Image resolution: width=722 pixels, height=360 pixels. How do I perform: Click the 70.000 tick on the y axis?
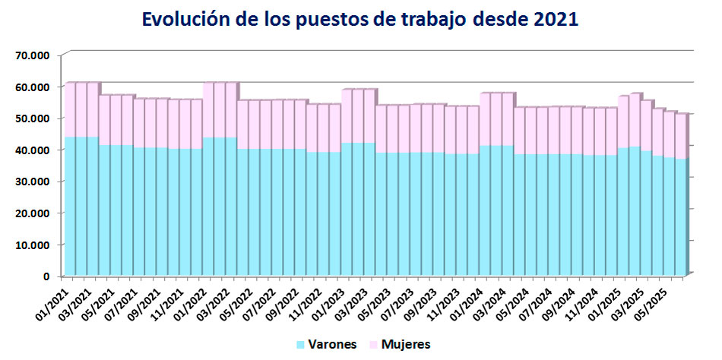(x=33, y=55)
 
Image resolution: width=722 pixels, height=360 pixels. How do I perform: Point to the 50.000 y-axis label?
(x=33, y=118)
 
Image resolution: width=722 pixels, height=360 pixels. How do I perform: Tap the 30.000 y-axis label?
(x=33, y=182)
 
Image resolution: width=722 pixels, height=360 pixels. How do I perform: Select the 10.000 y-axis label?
(x=33, y=245)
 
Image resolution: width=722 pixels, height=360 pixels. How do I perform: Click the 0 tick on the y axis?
(x=47, y=276)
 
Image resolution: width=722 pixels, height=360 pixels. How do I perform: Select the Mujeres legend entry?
(x=406, y=345)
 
